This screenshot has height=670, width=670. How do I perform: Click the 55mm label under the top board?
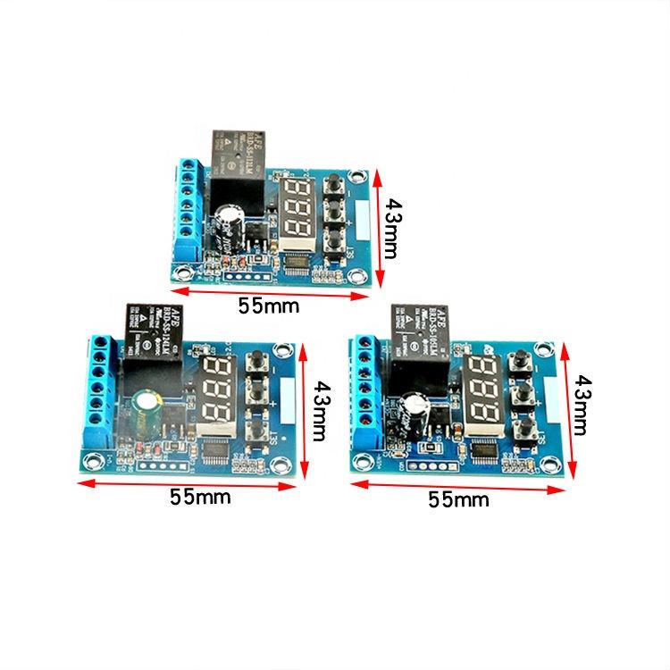(269, 306)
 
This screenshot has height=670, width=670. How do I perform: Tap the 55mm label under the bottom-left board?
(200, 497)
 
